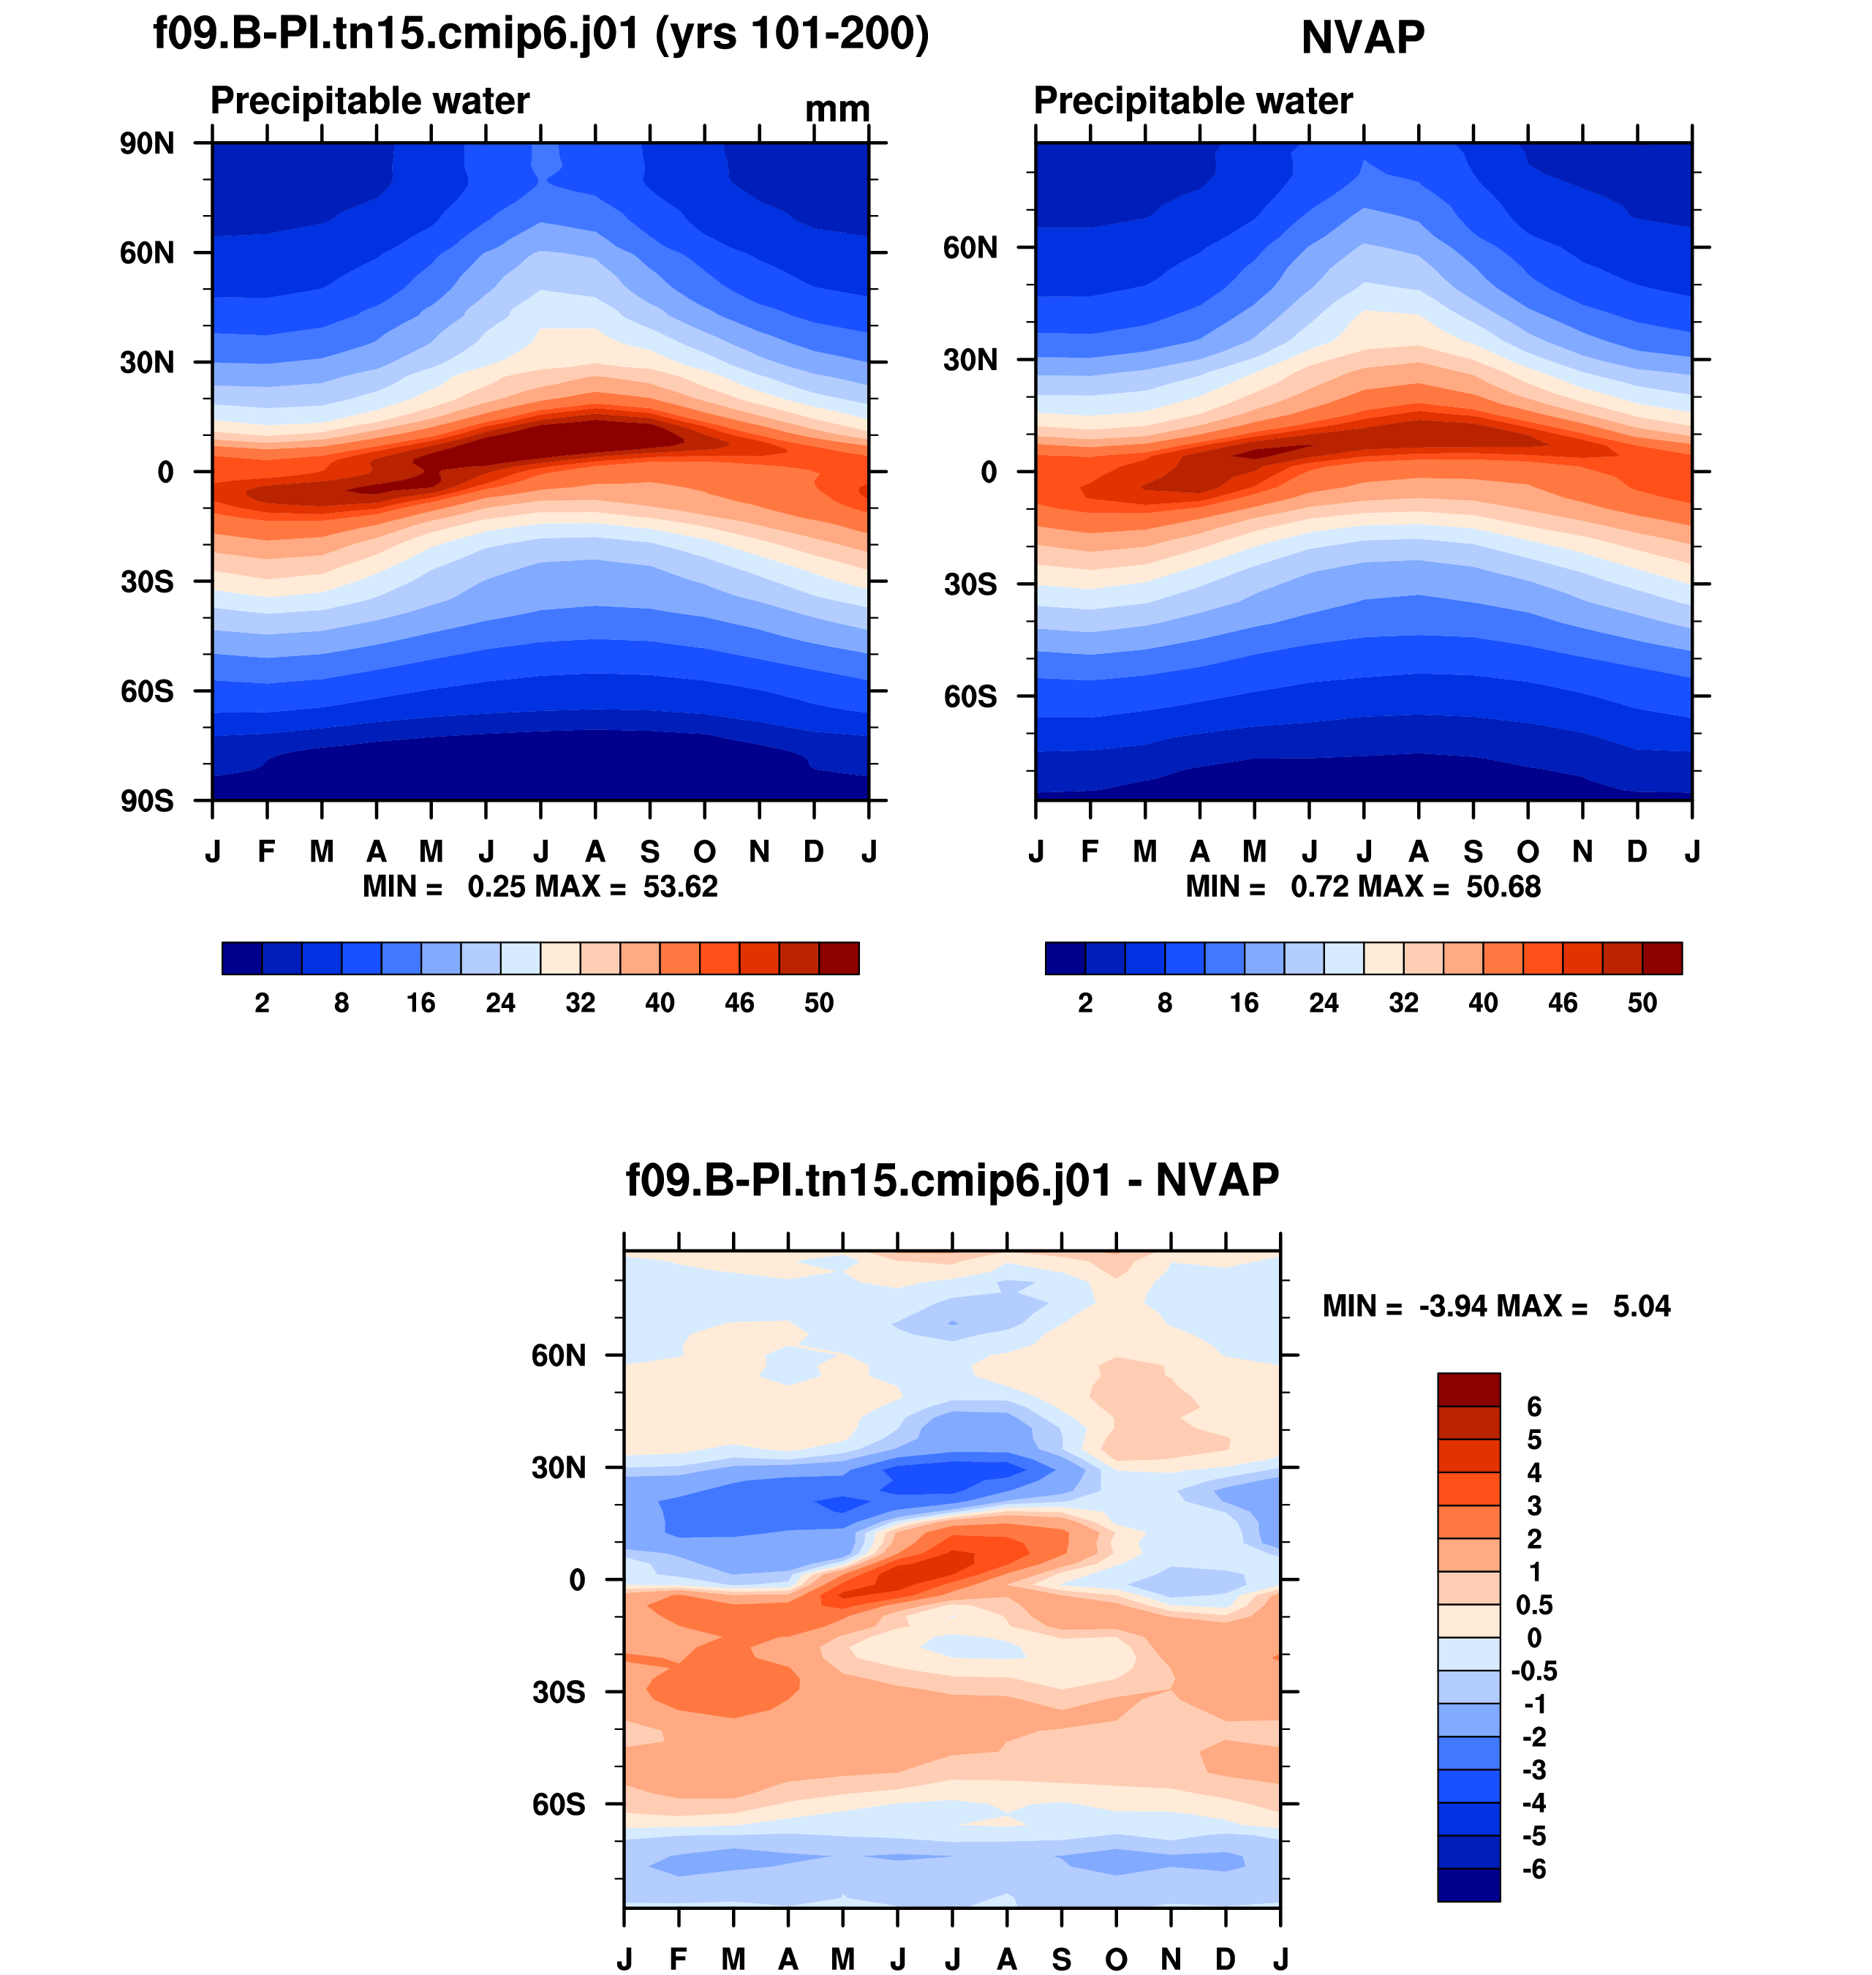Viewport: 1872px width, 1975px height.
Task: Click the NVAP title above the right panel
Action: tap(1362, 38)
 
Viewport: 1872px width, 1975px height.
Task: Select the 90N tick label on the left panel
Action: tap(147, 143)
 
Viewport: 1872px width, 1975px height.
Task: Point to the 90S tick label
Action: tap(147, 802)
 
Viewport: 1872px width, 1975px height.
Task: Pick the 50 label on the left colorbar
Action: tap(818, 1003)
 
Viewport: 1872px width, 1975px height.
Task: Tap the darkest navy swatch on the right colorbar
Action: tap(1065, 958)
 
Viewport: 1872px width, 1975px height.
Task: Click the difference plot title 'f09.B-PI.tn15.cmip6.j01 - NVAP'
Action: tap(952, 1181)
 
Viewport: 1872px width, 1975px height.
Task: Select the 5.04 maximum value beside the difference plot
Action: tap(1642, 1306)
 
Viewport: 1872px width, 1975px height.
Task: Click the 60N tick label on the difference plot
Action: tap(558, 1355)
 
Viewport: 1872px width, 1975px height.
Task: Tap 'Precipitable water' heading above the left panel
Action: tap(369, 101)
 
